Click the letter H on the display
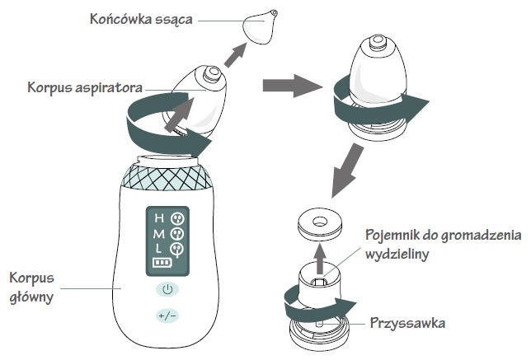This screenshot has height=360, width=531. coord(159,217)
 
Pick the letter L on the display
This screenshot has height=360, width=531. coord(159,248)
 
